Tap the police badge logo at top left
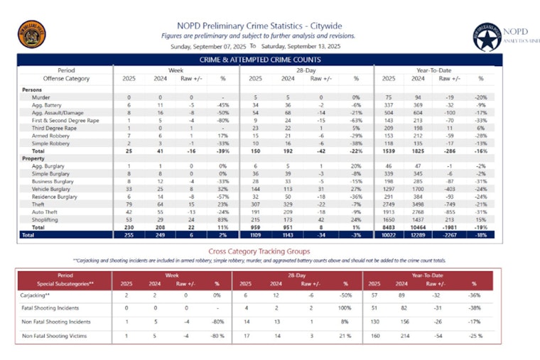31,33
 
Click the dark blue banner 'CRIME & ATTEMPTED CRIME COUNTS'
259,60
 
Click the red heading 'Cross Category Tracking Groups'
259,251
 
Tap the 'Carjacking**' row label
37,295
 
